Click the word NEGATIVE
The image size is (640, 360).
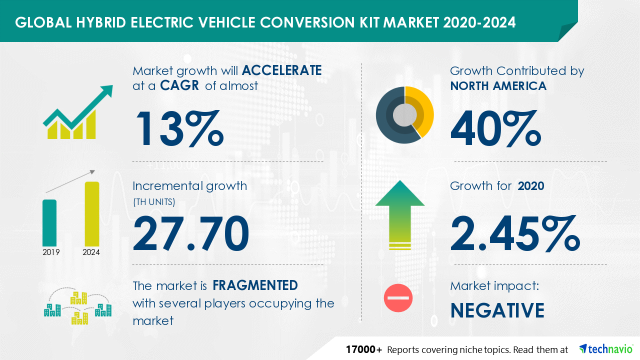tap(497, 310)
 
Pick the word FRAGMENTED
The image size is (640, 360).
tap(255, 285)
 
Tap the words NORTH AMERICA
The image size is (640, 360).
tap(498, 86)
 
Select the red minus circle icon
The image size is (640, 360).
tap(398, 298)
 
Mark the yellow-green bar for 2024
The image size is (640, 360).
tap(91, 213)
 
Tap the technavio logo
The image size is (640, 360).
tap(605, 349)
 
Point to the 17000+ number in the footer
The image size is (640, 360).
tap(364, 349)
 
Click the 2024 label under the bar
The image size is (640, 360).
tap(91, 252)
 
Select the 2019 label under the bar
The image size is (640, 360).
tap(51, 252)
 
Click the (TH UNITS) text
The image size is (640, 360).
tap(154, 202)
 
